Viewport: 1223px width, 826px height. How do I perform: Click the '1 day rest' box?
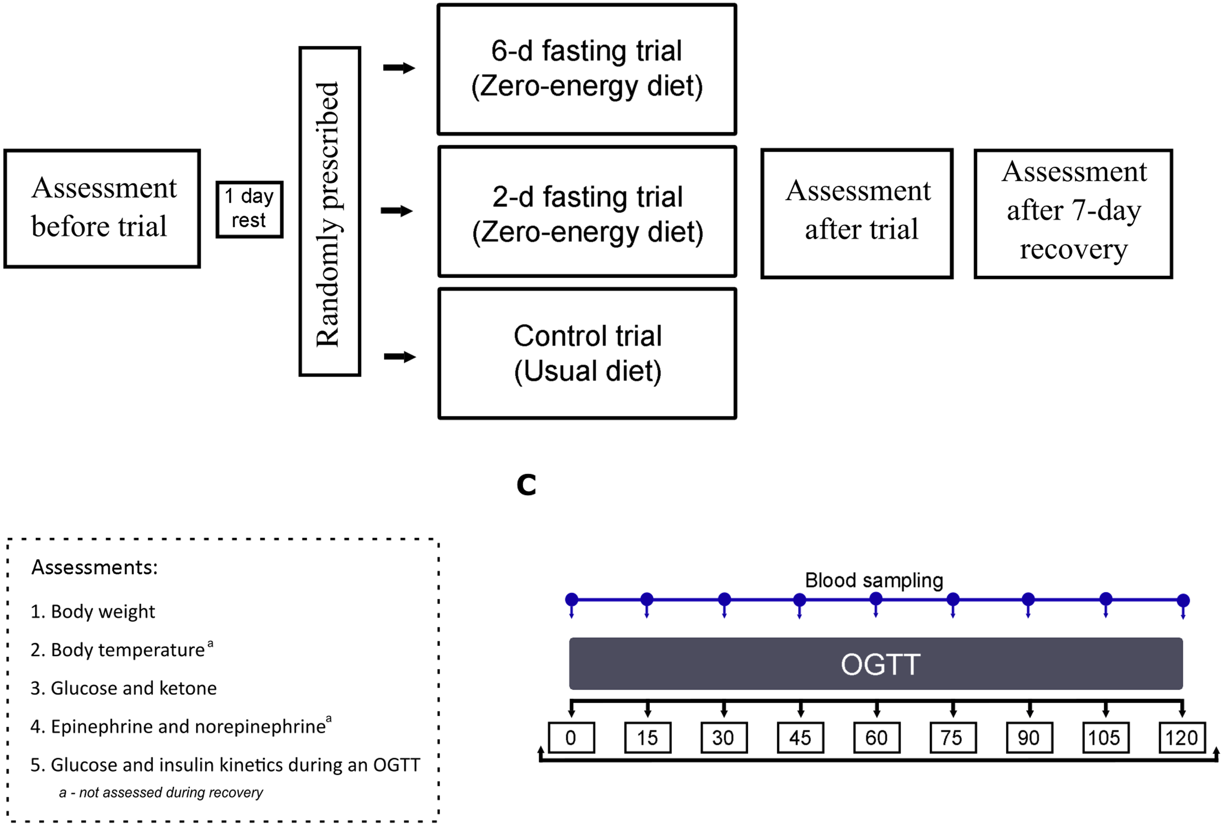(249, 209)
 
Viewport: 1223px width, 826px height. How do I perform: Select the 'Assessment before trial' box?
(102, 209)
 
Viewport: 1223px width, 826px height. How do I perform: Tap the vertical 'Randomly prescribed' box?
(329, 211)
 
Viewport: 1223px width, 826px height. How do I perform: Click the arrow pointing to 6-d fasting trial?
(399, 68)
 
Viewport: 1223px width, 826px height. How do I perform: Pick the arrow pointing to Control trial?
(400, 357)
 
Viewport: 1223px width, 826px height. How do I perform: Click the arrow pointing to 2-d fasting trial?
(397, 211)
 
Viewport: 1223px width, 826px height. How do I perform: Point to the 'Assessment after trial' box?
(857, 214)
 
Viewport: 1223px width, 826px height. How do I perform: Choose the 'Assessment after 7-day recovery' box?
(1073, 214)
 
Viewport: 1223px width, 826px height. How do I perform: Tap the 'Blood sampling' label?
(874, 580)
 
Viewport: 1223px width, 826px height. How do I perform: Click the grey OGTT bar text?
(881, 664)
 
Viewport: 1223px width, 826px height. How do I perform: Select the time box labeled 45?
(800, 738)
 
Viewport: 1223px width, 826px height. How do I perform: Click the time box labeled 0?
(572, 738)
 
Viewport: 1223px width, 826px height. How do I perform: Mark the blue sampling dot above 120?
(1183, 600)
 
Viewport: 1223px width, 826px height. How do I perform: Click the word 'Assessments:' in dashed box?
(95, 567)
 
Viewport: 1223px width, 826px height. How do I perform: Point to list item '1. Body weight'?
(93, 611)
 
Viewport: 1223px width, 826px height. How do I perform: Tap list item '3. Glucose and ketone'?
(123, 688)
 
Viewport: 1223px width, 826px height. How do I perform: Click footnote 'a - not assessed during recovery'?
(161, 792)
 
